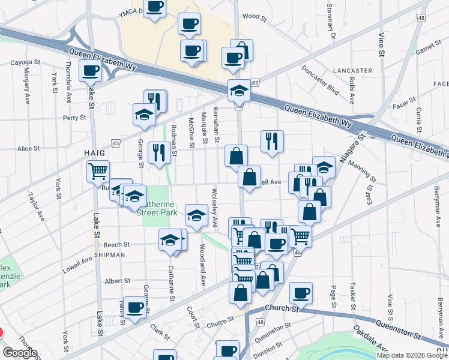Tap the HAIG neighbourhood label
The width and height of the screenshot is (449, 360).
coord(95,154)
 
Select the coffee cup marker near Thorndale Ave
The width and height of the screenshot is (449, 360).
coord(91,70)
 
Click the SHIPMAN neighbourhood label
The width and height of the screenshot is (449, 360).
coord(109,254)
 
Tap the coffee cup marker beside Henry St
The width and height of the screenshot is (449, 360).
coord(134,306)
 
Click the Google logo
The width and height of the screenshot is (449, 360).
coord(20,353)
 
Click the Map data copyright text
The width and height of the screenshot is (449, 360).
coord(412,355)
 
